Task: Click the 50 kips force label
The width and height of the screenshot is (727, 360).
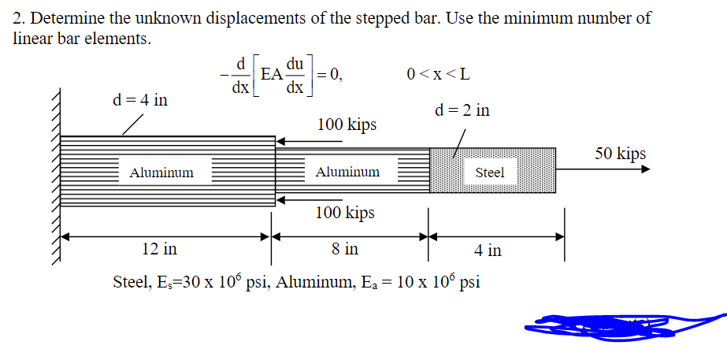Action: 620,154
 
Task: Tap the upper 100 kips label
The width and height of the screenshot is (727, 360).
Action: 347,124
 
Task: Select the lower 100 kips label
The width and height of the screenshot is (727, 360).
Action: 345,213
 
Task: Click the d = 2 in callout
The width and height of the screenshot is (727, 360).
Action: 462,110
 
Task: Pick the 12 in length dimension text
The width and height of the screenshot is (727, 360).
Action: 159,249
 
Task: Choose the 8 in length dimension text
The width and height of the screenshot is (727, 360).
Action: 345,249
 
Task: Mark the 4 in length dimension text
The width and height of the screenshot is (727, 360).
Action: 488,251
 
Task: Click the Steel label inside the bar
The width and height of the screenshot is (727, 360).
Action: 490,173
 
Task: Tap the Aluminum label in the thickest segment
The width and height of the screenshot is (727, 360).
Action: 161,173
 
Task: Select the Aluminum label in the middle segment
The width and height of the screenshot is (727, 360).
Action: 347,172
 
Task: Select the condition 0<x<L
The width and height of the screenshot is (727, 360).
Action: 439,75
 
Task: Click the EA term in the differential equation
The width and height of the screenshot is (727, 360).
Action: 272,75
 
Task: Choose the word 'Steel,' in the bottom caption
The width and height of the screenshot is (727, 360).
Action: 135,282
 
